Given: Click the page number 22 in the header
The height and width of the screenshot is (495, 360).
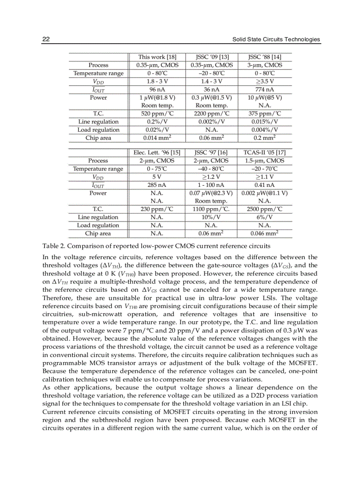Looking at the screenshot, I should pyautogui.click(x=46, y=39).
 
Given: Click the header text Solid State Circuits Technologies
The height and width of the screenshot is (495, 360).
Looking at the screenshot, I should pyautogui.click(x=276, y=39).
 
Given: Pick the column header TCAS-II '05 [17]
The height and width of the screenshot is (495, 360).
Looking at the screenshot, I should pyautogui.click(x=264, y=153).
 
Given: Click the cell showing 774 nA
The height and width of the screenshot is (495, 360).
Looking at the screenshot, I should pyautogui.click(x=264, y=89).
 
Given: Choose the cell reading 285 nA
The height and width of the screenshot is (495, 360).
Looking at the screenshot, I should pyautogui.click(x=157, y=185).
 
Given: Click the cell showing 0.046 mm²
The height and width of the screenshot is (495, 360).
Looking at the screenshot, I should pyautogui.click(x=264, y=234).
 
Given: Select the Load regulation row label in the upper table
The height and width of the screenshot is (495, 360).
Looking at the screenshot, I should pyautogui.click(x=98, y=130).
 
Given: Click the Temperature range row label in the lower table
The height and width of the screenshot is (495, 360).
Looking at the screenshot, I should pyautogui.click(x=98, y=169).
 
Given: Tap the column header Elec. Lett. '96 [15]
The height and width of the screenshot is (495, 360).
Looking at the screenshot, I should pyautogui.click(x=157, y=153).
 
